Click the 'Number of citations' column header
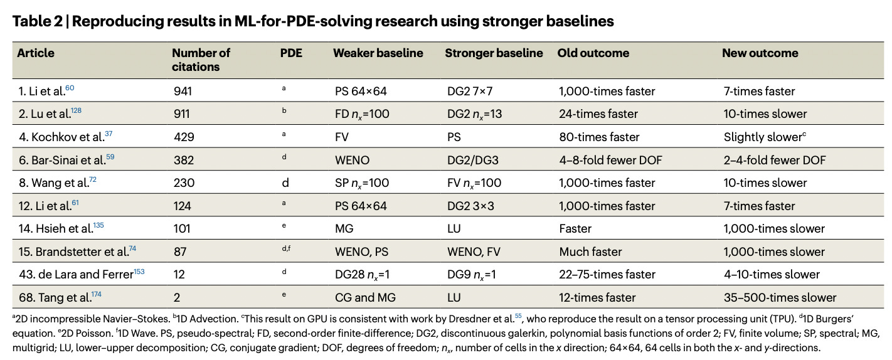(x=201, y=60)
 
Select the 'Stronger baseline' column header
(x=494, y=53)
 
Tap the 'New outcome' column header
(x=760, y=53)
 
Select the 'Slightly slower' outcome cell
(x=762, y=137)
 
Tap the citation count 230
(x=184, y=183)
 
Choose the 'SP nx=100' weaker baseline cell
(x=362, y=183)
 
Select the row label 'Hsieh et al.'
(x=53, y=229)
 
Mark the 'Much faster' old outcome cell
(x=590, y=251)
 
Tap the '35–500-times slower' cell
(x=779, y=297)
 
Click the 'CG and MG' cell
(x=364, y=297)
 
